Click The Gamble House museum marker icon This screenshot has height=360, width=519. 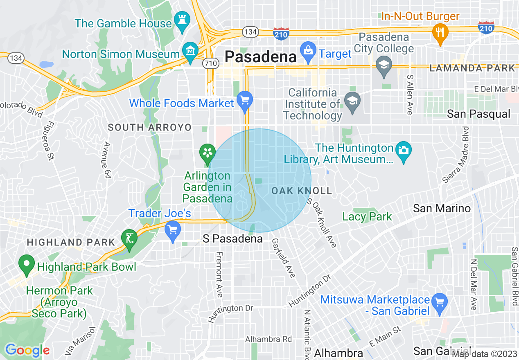pos(181,19)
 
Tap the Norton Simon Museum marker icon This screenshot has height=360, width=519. pos(190,51)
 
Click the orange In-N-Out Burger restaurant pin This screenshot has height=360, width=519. pos(440,32)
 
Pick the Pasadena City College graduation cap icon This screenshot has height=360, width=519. pos(384,65)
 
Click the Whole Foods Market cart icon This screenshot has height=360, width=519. pos(245,99)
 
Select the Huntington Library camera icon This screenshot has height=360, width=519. pos(404,150)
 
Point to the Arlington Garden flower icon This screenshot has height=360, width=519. pos(208,153)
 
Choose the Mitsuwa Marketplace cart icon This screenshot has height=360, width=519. pos(440,302)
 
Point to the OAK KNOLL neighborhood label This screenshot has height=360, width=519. pos(301,191)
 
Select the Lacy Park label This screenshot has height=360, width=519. pos(367,216)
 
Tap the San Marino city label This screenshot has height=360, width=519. pos(442,208)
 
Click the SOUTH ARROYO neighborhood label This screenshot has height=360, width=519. pos(149,128)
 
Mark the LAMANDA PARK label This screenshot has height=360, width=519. pos(472,68)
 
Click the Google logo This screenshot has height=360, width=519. pos(27,350)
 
